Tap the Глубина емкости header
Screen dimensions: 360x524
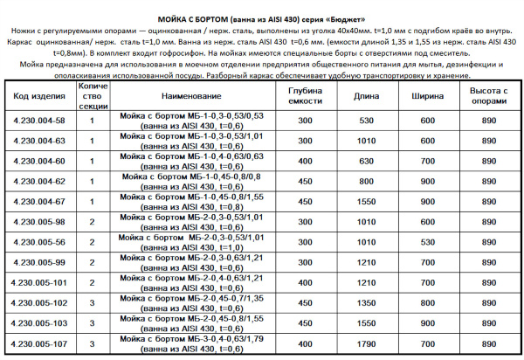[x=305, y=94]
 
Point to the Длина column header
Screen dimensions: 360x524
[x=366, y=94]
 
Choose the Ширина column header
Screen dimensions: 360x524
[x=427, y=94]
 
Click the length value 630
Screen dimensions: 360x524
[x=366, y=161]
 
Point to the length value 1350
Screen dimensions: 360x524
[x=366, y=303]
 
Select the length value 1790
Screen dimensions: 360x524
[x=366, y=343]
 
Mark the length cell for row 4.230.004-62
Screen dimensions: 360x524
[x=366, y=181]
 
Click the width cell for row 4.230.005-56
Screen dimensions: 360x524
[x=427, y=241]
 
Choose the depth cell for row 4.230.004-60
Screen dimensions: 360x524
[x=305, y=161]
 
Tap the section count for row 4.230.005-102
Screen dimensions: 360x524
[x=92, y=303]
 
